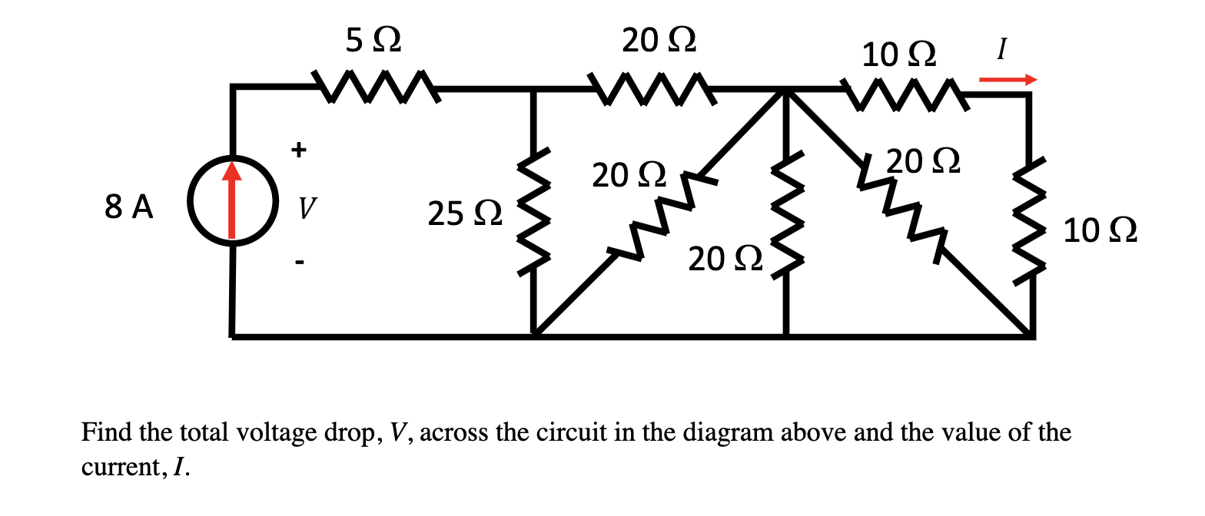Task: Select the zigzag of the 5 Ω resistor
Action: (376, 86)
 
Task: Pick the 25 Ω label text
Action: (466, 213)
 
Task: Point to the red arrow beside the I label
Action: (1007, 79)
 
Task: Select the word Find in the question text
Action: (106, 432)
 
